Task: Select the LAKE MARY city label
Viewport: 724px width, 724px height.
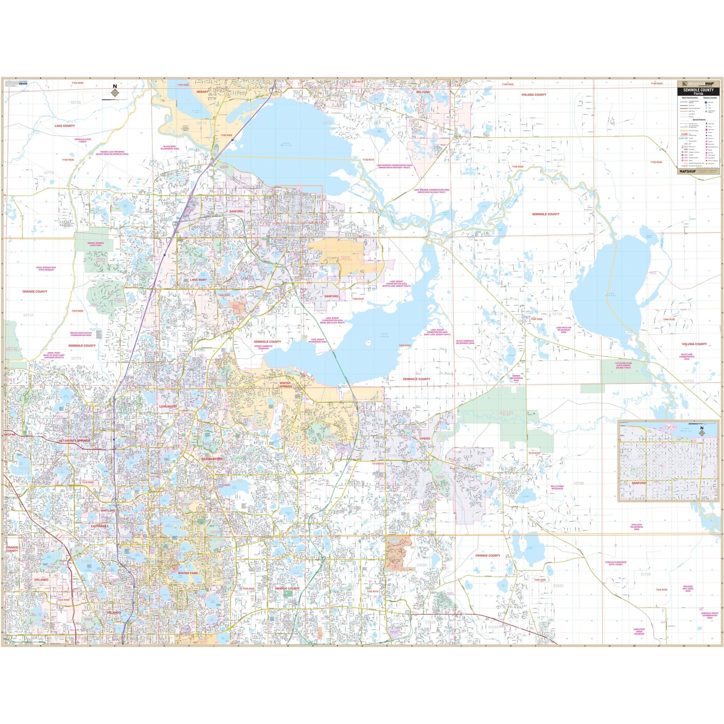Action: [x=198, y=280]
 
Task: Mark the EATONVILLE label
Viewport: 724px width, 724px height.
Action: [x=99, y=526]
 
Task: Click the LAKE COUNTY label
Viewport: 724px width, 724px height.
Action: [x=64, y=126]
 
